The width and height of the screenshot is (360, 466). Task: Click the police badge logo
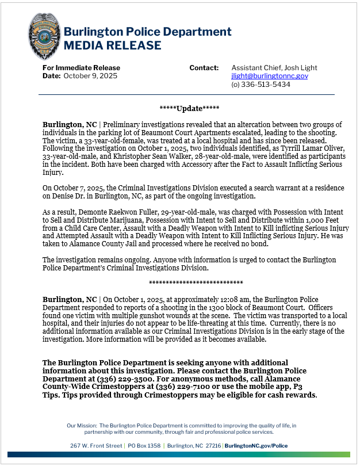click(44, 36)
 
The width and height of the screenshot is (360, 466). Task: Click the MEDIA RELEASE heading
click(112, 45)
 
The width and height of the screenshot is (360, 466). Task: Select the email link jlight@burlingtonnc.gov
click(270, 76)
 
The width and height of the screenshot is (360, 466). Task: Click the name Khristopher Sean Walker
click(135, 156)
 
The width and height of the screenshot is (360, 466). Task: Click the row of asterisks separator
click(196, 283)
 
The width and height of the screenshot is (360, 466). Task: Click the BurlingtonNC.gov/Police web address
click(256, 446)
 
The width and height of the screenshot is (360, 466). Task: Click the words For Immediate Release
click(81, 68)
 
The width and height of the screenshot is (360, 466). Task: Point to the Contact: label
click(204, 68)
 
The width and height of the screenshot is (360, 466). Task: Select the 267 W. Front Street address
click(96, 446)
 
